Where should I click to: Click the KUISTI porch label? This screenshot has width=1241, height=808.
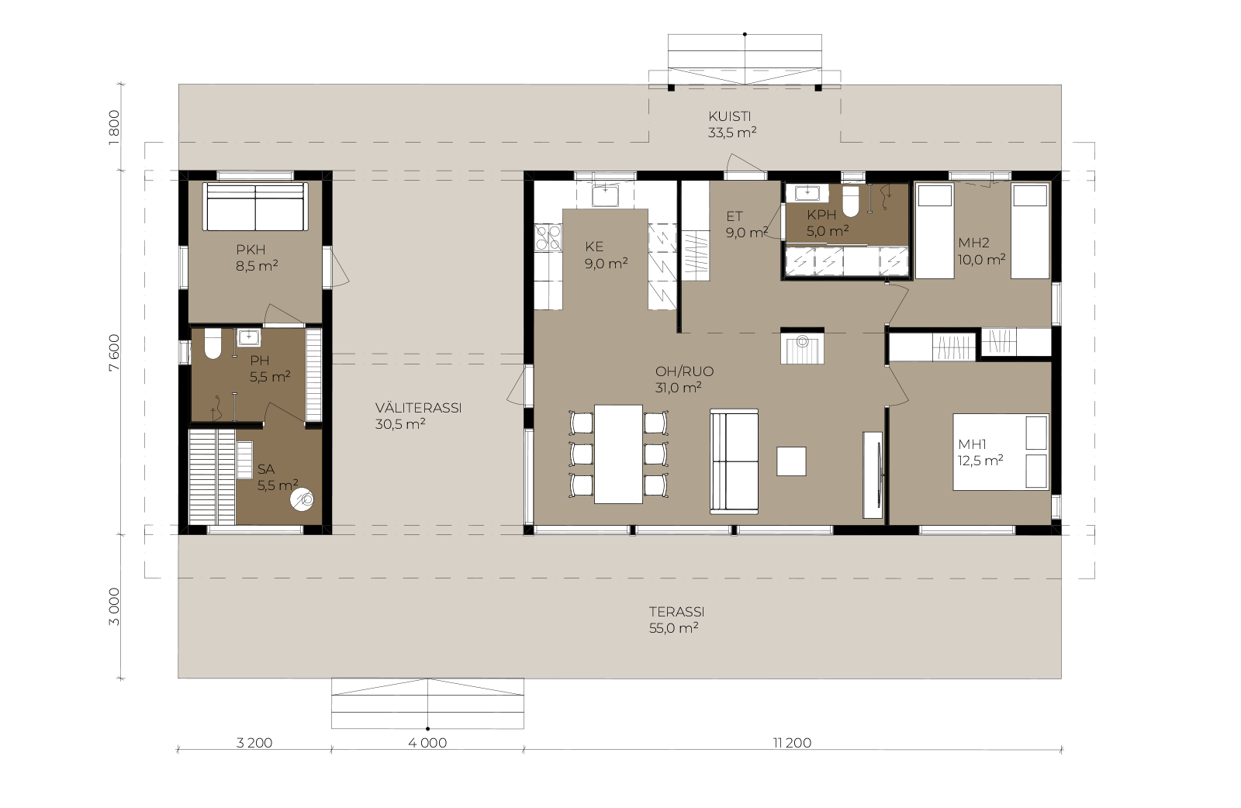tap(730, 117)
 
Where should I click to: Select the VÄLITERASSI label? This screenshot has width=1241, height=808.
tap(418, 408)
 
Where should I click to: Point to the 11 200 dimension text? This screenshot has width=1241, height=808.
tap(792, 743)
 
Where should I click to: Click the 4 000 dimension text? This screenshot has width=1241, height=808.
tap(427, 743)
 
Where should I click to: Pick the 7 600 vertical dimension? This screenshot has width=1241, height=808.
tap(114, 353)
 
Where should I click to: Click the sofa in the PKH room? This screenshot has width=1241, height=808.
tap(255, 206)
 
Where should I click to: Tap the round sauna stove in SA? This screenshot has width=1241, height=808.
tap(302, 499)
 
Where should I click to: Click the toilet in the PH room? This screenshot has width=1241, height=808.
tap(213, 344)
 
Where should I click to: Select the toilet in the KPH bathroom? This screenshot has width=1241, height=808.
tap(850, 201)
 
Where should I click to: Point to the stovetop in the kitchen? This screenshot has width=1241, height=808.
tap(548, 238)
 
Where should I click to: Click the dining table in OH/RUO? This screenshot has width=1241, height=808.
tap(618, 454)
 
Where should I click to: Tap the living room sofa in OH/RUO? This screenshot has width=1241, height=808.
tap(734, 461)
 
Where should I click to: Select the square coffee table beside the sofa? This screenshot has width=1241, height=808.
tap(791, 461)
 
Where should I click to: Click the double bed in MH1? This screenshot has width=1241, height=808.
tap(1001, 452)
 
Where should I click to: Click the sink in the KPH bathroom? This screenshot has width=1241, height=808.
tap(807, 193)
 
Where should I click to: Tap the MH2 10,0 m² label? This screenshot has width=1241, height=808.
tap(982, 251)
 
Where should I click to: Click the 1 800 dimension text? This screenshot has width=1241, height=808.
tap(114, 127)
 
